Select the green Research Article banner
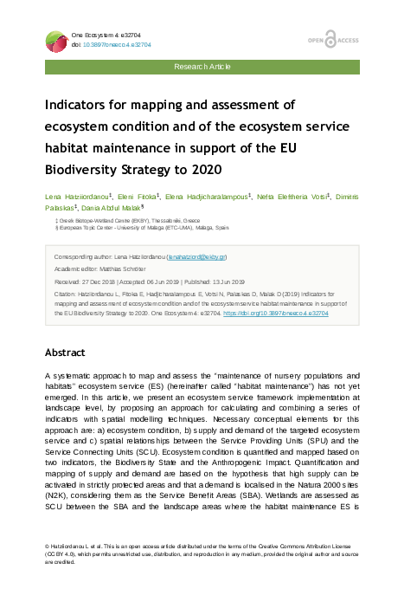click(x=202, y=66)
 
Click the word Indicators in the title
click(x=82, y=105)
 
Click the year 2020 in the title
click(x=204, y=168)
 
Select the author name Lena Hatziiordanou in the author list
click(x=75, y=197)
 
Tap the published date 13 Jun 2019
click(x=224, y=282)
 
